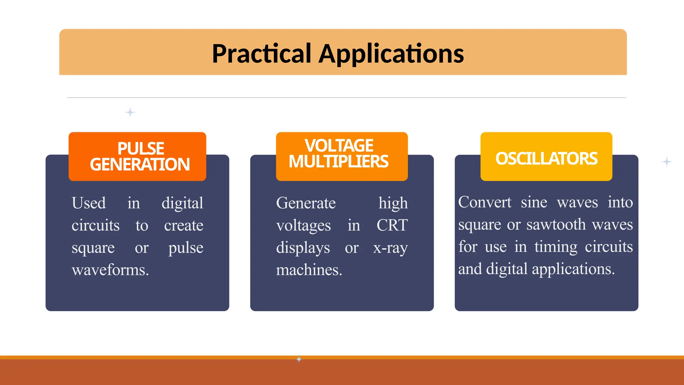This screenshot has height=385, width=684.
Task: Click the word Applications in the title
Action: click(391, 54)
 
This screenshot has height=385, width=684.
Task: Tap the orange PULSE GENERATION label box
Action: click(137, 156)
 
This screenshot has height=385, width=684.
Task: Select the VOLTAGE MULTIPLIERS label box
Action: click(342, 156)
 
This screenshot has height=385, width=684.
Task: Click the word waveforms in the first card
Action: click(110, 270)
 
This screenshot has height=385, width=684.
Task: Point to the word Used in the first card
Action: click(89, 203)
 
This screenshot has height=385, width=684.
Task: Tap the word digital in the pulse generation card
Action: click(182, 203)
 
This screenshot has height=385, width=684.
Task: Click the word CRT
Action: click(392, 225)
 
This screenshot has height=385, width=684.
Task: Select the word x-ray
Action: click(390, 248)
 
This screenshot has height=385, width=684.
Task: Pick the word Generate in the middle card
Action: click(306, 203)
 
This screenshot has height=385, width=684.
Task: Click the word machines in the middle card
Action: click(309, 270)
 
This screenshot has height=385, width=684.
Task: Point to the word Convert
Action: click(484, 202)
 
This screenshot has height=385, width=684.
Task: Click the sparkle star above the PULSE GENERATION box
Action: click(130, 112)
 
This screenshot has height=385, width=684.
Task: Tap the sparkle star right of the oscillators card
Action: click(667, 162)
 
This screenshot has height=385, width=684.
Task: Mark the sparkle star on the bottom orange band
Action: click(299, 359)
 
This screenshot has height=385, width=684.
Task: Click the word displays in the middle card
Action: click(303, 248)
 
